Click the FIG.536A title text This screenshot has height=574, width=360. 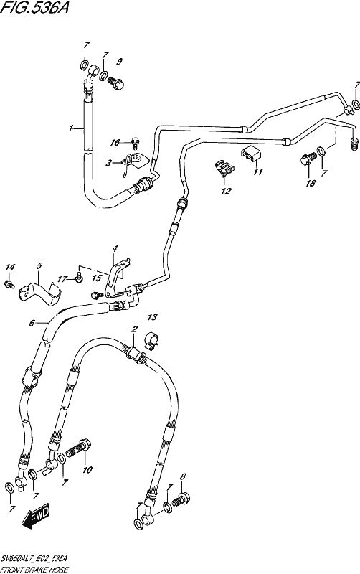tap(34, 8)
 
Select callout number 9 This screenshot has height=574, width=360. tap(119, 62)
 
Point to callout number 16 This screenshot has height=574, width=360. tap(115, 142)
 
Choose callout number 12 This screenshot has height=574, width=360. tap(226, 191)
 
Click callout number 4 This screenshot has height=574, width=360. tap(115, 249)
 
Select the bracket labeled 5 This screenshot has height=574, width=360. tap(41, 292)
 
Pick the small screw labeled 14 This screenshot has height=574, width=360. tap(9, 283)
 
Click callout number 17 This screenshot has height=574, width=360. tap(62, 279)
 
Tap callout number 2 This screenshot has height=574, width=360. tap(134, 329)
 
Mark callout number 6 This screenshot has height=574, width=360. tap(32, 323)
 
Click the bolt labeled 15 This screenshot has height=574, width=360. tap(95, 295)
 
